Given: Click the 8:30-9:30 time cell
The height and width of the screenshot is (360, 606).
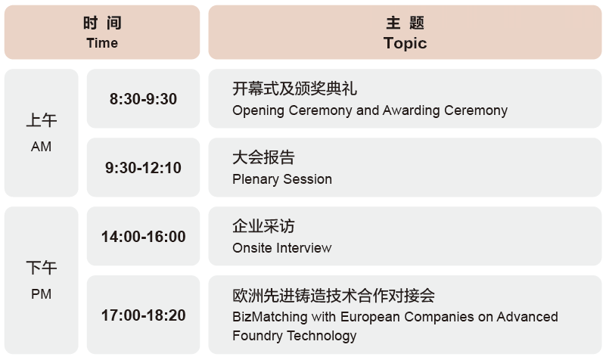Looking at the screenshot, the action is coord(144,99).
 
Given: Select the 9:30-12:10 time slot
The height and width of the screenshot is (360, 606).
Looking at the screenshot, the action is coord(144,168).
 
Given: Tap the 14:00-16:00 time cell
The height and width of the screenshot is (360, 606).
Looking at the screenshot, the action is coord(144,237).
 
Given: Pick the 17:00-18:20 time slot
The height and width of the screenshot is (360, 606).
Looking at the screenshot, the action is coord(144,315).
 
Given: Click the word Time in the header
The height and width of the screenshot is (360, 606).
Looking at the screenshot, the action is coord(102,43).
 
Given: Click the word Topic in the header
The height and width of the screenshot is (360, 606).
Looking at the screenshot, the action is coord(405,43).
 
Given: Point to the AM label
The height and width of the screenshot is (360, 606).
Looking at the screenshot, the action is coord(41,147).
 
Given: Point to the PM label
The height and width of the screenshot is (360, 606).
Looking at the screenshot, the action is coord(41,294).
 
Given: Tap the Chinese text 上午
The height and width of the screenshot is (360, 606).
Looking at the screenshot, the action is coord(42,120).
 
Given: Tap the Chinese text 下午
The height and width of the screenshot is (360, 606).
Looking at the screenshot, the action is coord(42,268).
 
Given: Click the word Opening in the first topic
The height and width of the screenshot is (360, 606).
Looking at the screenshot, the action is coord(258,111).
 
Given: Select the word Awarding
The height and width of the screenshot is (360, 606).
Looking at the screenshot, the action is coord(412,111).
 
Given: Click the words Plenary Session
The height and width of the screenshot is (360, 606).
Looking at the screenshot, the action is coord(282,179).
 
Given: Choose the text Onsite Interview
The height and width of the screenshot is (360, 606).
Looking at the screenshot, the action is coord(282,248).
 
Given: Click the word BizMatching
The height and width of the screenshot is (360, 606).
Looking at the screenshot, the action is coord(270,317).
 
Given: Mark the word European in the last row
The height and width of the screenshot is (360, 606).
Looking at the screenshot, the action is coord(370,317).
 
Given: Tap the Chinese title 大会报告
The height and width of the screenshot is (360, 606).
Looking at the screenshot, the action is coord(263,157).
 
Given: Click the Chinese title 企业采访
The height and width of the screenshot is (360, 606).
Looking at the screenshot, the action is coord(263,226).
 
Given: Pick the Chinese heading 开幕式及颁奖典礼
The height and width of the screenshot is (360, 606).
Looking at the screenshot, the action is coord(294,88).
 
